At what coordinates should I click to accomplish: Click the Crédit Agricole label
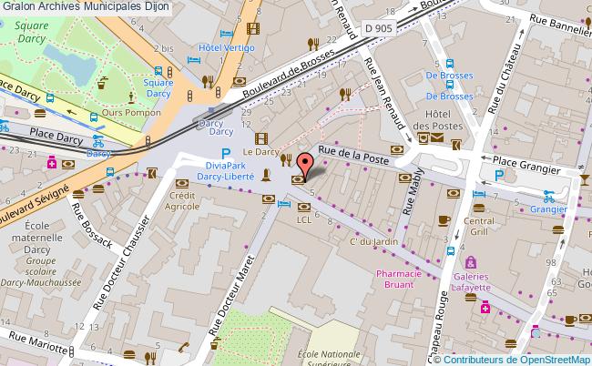pos(182,200)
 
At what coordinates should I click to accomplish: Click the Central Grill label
pos(479,226)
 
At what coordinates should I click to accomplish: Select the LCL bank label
pos(304,219)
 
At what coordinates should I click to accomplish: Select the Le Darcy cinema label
pos(260,153)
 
